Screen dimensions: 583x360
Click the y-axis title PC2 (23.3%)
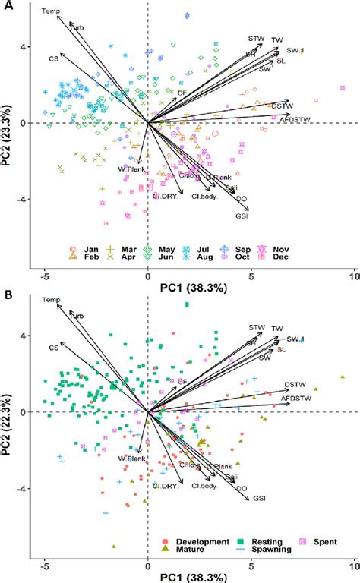tap(9, 121)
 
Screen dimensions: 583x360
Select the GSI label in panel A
tap(242, 216)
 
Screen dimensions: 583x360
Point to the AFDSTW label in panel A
tap(295, 119)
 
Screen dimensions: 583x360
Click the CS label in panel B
tap(54, 347)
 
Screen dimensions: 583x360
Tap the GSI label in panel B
tap(259, 498)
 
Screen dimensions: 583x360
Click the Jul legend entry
tap(204, 248)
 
